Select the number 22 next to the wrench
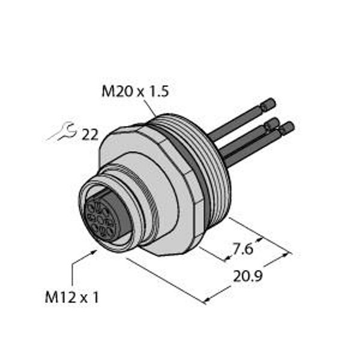pyautogui.click(x=89, y=135)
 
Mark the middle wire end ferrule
pyautogui.click(x=272, y=124)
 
